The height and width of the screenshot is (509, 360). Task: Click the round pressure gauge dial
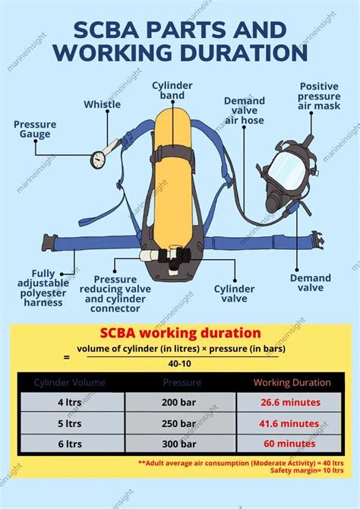[x=98, y=159]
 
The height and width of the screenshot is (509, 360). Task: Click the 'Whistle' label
[x=102, y=105]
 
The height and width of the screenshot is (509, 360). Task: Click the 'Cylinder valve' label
[x=233, y=294]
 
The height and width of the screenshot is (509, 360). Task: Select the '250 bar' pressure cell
[x=181, y=422]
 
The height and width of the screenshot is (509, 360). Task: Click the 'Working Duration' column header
[x=292, y=382]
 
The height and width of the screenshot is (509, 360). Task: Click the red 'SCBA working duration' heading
[x=181, y=334]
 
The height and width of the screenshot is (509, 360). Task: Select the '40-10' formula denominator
[x=181, y=363]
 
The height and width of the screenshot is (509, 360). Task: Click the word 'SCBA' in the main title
[x=111, y=30]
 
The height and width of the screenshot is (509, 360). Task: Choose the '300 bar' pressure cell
[x=181, y=444]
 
